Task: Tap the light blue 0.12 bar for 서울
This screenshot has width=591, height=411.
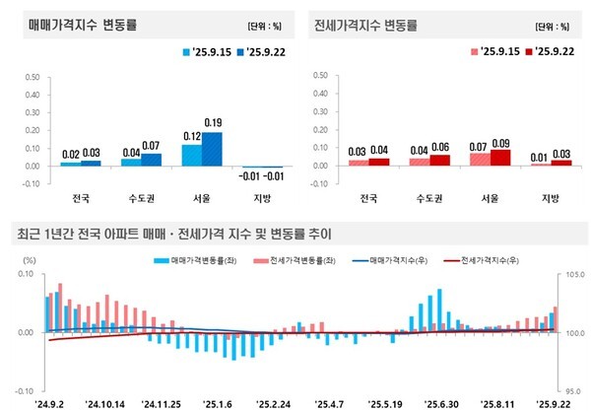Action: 191,155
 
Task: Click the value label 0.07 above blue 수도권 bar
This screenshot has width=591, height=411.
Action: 152,146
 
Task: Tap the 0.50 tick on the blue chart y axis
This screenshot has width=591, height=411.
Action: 30,74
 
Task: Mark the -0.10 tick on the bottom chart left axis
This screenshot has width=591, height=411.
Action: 22,390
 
